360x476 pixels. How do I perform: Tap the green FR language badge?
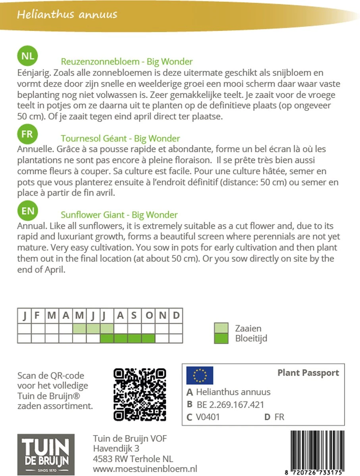(x=27, y=134)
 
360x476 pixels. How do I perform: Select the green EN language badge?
(x=27, y=210)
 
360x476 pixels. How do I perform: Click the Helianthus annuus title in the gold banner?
(x=67, y=15)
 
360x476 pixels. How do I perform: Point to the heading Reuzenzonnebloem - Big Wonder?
(x=127, y=61)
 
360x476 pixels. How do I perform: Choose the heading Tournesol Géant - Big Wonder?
(x=120, y=138)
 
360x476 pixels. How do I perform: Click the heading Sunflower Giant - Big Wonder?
(x=119, y=215)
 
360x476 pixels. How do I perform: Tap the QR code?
(x=139, y=394)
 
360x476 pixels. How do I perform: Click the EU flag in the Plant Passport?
(x=200, y=375)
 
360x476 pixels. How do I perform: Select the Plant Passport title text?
(x=308, y=373)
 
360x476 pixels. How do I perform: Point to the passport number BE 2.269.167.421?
(x=230, y=405)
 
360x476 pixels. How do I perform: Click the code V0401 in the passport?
(x=208, y=417)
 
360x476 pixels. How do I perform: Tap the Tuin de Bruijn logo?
(x=46, y=455)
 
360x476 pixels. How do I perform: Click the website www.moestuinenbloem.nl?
(x=145, y=469)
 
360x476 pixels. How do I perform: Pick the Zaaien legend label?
(x=248, y=328)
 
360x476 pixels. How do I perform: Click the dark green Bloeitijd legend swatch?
(x=221, y=338)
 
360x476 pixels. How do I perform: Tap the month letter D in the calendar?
(x=176, y=316)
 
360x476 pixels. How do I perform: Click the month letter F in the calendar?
(x=38, y=316)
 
